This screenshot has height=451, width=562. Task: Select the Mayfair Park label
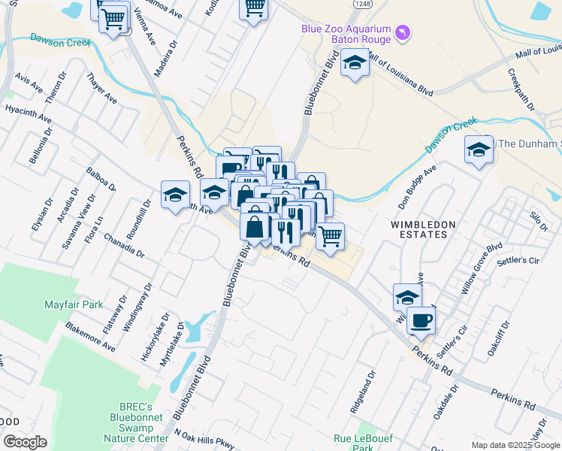(x=73, y=306)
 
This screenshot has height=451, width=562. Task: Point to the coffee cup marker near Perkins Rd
(x=421, y=321)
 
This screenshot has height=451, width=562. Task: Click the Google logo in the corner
(x=25, y=442)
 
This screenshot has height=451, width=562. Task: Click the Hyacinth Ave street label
(x=28, y=114)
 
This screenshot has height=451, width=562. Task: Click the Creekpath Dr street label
(x=521, y=90)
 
